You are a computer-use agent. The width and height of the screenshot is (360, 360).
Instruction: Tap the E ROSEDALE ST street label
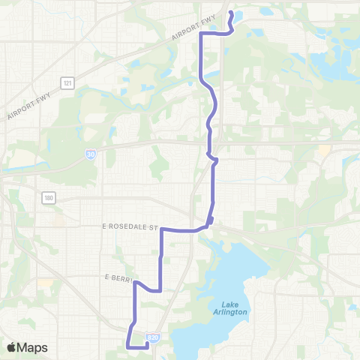132,226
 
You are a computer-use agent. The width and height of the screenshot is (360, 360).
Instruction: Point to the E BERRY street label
118,277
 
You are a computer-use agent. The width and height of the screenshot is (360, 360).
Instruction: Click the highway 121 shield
67,82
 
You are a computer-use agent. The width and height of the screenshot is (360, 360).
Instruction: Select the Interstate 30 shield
89,154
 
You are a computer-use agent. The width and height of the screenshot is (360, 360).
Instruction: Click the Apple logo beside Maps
11,347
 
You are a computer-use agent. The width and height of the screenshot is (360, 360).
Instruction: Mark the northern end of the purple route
230,13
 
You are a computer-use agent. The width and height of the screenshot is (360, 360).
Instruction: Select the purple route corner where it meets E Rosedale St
163,230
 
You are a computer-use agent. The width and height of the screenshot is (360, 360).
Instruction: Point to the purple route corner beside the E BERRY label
136,283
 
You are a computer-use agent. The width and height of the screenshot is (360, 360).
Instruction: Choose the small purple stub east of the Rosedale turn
212,220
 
